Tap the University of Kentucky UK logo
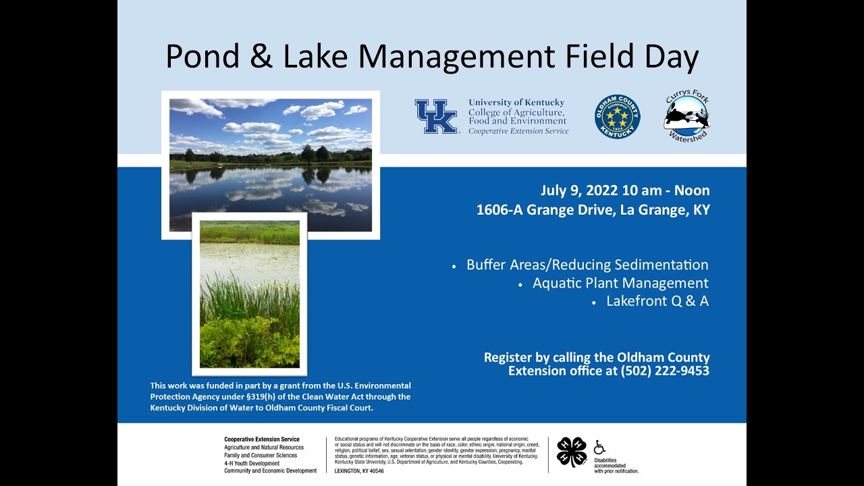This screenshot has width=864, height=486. pos(435,116)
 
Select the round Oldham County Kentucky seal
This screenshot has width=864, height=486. pos(617,117)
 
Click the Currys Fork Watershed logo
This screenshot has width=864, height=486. pos(686,116)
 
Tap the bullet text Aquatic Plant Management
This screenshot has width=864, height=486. pos(620,283)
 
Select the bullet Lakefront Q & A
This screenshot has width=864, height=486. pos(657,301)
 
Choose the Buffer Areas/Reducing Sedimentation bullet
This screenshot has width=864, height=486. pos(587,265)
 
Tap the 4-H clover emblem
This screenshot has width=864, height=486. pos(572,452)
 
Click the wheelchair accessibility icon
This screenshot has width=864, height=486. pos(599,447)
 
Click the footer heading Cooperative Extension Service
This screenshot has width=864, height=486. pos(262,439)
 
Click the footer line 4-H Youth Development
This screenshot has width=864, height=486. pos(252,463)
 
